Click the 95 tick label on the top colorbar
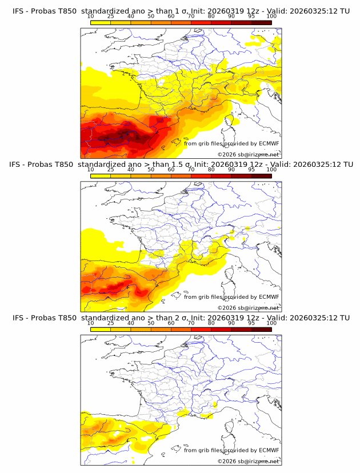251,17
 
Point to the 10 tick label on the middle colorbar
91,170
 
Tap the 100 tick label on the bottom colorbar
271,323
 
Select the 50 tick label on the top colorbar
151,17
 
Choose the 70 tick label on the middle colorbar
191,170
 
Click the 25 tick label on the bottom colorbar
111,323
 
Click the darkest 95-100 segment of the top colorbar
261,22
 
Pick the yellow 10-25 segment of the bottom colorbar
101,329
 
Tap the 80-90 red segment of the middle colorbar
221,176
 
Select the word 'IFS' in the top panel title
19,11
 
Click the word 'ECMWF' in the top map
268,143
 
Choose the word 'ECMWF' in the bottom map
268,450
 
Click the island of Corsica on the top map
232,120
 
